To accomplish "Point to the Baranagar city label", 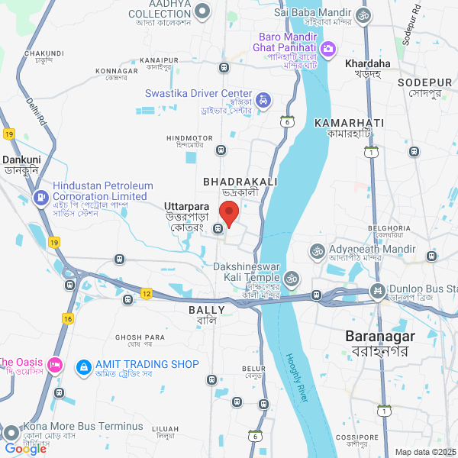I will [x=379, y=336].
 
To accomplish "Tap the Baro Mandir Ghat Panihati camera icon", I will [x=329, y=50].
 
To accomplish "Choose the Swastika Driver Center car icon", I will [x=263, y=100].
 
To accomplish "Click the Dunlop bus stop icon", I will [x=377, y=290].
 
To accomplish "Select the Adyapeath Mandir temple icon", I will [x=316, y=250].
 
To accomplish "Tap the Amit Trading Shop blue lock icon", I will [x=82, y=367].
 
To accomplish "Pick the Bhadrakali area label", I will [x=240, y=182].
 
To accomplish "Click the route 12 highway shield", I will [x=147, y=293].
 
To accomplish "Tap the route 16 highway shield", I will [x=68, y=318].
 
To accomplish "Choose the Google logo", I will [x=25, y=449].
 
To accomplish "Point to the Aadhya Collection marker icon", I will [x=203, y=11].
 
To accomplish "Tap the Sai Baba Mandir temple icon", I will [x=363, y=13].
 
